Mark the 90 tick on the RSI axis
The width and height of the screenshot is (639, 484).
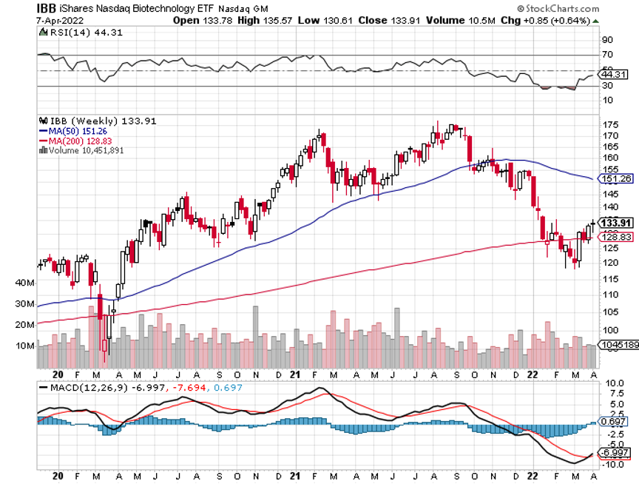coord(607,40)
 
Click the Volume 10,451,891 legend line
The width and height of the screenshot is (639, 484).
coord(86,150)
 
